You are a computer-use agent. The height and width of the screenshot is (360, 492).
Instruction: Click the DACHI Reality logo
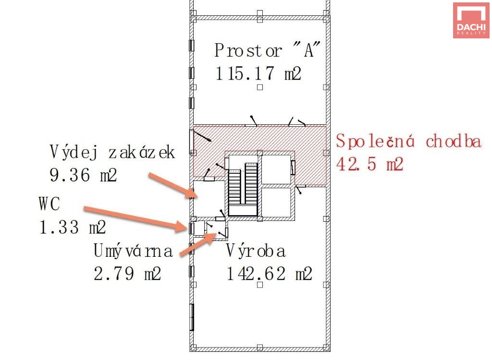471,20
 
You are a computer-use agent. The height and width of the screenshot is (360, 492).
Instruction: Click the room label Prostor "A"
267,50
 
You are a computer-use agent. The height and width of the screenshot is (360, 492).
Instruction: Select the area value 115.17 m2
258,73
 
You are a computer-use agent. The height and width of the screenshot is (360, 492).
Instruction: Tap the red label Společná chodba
408,141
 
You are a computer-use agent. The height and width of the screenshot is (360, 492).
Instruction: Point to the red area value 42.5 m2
369,164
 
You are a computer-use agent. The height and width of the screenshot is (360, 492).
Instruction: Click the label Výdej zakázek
112,153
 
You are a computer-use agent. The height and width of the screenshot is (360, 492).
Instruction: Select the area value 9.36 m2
84,175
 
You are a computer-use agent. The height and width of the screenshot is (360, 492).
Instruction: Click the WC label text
49,204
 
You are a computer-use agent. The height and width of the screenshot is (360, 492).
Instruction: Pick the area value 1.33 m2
73,227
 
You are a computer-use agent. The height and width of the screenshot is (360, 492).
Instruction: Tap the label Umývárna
133,251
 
